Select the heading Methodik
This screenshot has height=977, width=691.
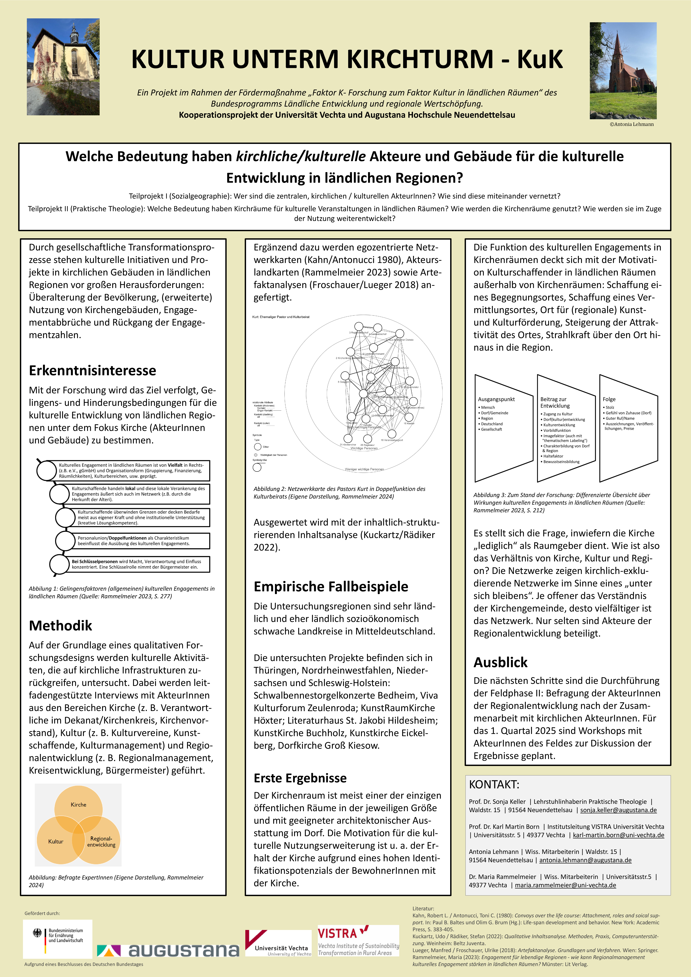tap(60, 626)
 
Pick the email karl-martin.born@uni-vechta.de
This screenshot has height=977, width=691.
tap(618, 835)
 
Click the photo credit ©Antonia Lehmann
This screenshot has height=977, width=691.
tap(631, 124)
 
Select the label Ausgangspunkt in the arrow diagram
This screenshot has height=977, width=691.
tap(496, 399)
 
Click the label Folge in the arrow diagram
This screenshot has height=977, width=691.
tap(609, 399)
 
